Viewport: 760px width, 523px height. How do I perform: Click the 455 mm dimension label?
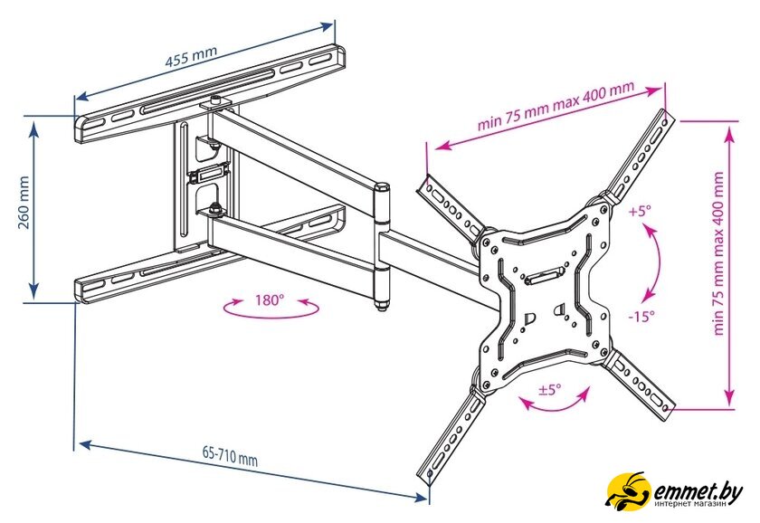[x=191, y=57]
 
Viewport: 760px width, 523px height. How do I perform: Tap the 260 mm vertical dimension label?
[x=24, y=202]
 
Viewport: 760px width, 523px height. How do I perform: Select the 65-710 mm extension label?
[x=230, y=456]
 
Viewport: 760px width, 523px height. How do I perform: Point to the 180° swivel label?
[x=269, y=300]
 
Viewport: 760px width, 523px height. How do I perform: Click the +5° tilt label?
[x=640, y=212]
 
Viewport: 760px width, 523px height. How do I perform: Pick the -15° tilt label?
[x=641, y=317]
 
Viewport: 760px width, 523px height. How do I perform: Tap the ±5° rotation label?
[x=550, y=389]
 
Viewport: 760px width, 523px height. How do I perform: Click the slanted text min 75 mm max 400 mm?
[x=556, y=105]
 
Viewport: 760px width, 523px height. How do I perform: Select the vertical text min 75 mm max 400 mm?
[x=718, y=253]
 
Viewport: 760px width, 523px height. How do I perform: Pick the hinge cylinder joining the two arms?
[x=382, y=246]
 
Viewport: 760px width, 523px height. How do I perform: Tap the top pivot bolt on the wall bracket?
[x=215, y=101]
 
